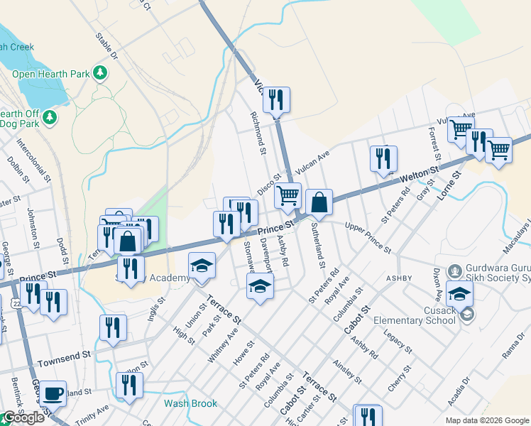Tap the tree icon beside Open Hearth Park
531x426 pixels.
(x=100, y=72)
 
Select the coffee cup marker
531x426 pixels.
(x=53, y=393)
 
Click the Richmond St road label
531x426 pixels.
(x=257, y=133)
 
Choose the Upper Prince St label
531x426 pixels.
(x=368, y=238)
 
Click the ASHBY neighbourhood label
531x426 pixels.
(x=399, y=278)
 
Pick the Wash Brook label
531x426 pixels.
(x=190, y=403)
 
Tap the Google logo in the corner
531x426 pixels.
(x=23, y=417)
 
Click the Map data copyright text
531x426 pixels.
(x=487, y=420)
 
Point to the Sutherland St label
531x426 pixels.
(x=317, y=244)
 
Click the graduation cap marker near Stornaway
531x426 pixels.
(x=260, y=287)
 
